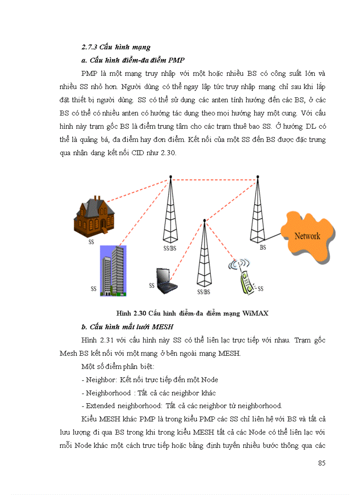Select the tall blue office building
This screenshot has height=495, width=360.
[x=113, y=270]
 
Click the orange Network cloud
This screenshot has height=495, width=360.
[x=307, y=237]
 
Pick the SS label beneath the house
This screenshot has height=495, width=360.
[x=91, y=242]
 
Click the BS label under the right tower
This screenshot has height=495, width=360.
[x=263, y=247]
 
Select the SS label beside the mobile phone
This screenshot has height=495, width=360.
[x=260, y=289]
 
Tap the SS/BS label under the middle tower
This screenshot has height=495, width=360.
[x=203, y=291]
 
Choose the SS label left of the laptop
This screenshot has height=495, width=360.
[x=151, y=286]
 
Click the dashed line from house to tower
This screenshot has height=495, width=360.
[x=137, y=190]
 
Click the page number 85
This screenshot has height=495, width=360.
[x=322, y=463]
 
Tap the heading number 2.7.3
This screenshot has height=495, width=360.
[x=90, y=47]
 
